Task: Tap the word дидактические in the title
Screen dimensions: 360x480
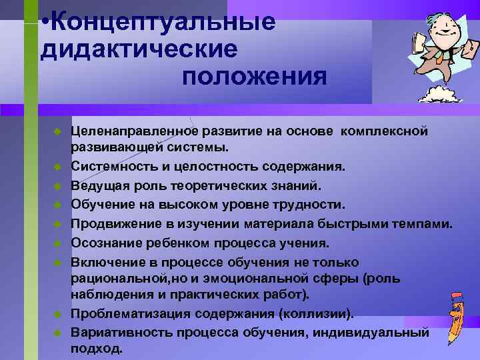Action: click(x=138, y=49)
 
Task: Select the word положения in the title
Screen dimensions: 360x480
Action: click(x=254, y=77)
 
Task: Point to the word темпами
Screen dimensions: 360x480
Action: click(x=425, y=223)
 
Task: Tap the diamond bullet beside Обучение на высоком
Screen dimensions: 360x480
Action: click(x=57, y=203)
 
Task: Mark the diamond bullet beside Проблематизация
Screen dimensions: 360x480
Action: click(x=57, y=313)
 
